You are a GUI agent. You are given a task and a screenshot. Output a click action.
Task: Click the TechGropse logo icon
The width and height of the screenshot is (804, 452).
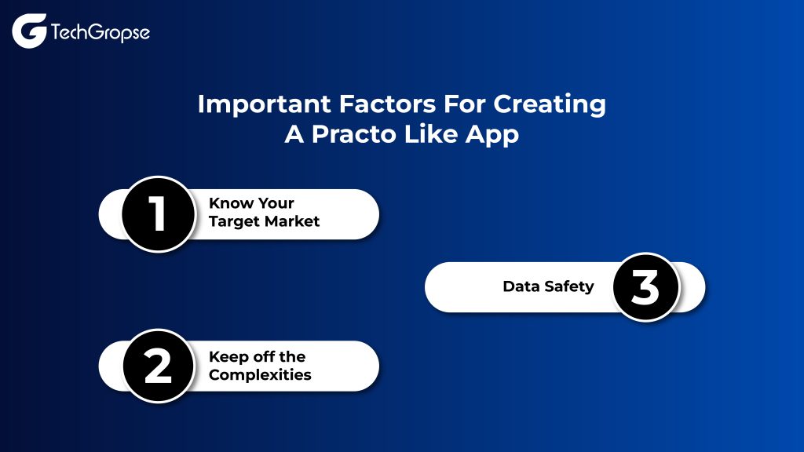point(29,31)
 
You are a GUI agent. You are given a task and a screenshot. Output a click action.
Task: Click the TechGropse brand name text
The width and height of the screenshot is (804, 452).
point(100,33)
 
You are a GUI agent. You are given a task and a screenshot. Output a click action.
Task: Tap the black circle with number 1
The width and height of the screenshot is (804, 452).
point(159,214)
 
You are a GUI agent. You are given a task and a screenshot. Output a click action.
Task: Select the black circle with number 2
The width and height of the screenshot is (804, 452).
point(159,366)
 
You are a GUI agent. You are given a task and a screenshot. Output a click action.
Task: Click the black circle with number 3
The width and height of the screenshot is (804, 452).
point(645,287)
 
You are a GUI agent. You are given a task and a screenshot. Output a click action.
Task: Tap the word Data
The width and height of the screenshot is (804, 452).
point(521,286)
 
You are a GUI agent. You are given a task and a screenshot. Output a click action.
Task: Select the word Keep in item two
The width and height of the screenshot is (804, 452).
point(226,356)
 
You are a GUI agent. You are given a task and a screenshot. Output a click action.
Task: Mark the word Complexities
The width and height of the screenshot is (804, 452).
point(260,374)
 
